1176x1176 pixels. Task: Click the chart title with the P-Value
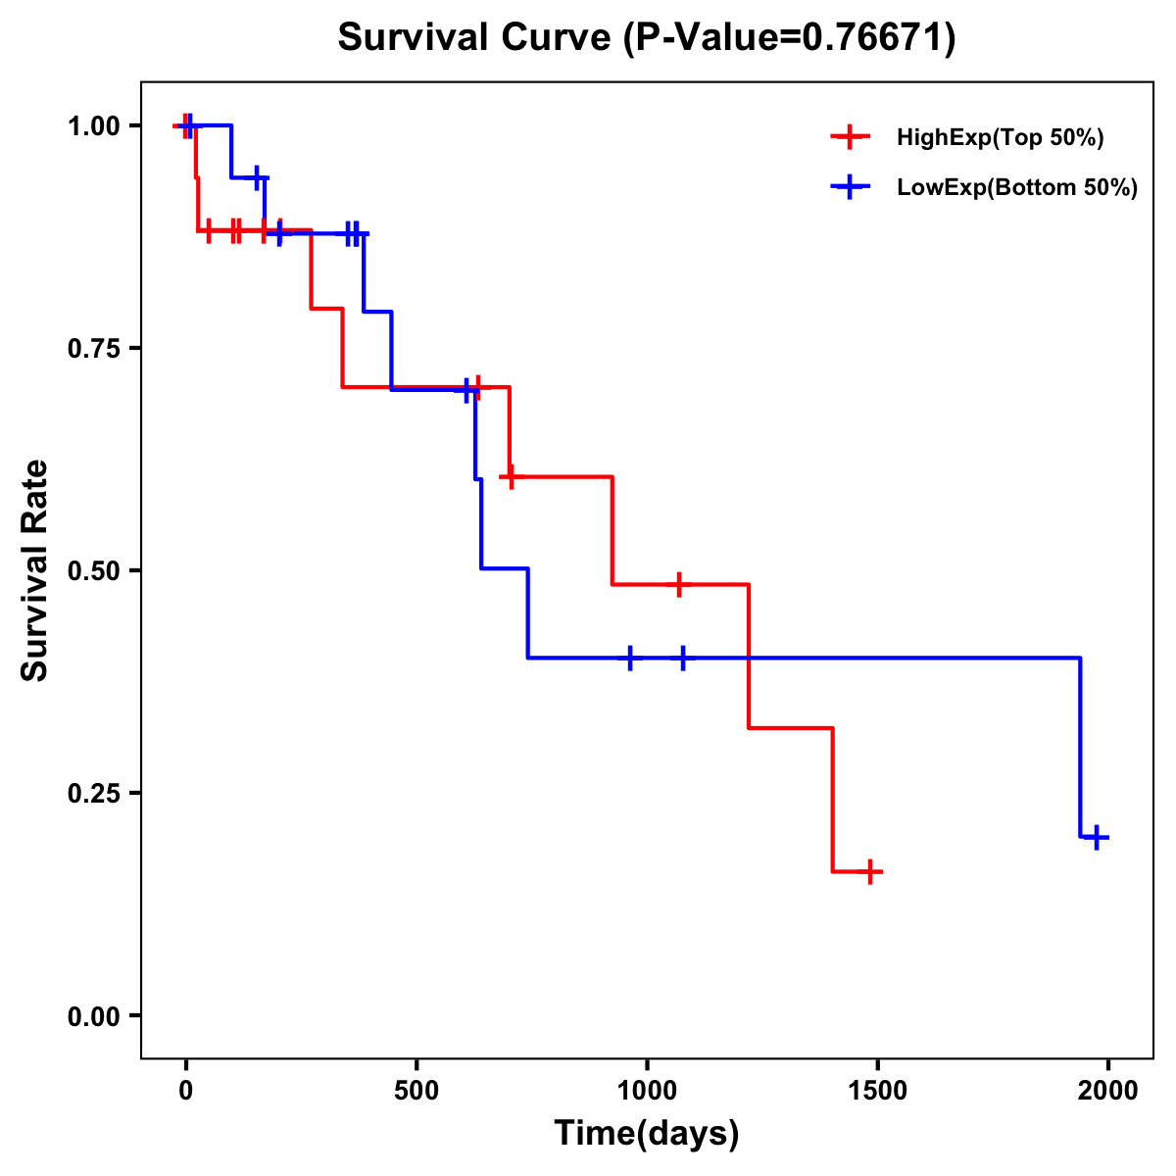[646, 37]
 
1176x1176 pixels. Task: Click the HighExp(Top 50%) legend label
[1001, 138]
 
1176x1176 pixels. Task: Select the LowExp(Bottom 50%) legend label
[1017, 188]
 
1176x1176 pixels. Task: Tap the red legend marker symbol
[850, 138]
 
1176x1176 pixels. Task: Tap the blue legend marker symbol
[850, 188]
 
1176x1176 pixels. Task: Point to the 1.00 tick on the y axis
[94, 126]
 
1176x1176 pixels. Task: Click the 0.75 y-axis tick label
[94, 349]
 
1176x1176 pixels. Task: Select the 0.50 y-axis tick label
[94, 571]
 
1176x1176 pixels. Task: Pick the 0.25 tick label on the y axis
[94, 794]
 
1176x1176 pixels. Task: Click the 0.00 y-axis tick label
[94, 1016]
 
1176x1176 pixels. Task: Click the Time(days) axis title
[647, 1134]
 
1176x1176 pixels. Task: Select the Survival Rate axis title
[35, 570]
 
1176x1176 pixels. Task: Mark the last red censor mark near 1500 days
[869, 871]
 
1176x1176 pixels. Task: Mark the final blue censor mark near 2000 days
[1098, 837]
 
